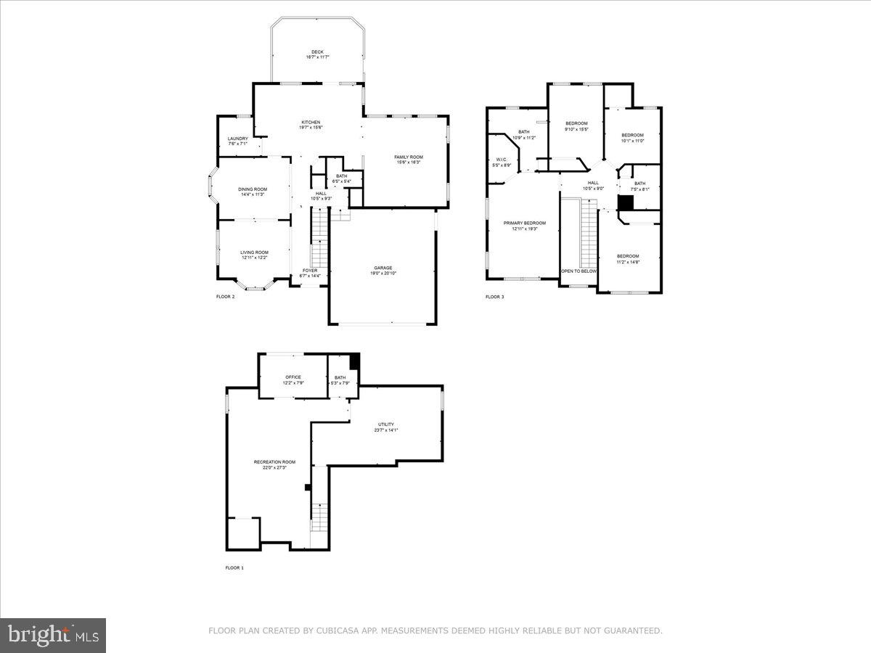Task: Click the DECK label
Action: click(317, 52)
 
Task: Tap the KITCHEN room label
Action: click(311, 123)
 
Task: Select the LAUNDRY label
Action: click(237, 139)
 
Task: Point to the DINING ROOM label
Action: click(253, 189)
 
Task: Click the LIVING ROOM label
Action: click(254, 252)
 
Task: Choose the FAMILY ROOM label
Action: click(409, 157)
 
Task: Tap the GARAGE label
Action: click(383, 268)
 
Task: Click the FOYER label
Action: click(309, 271)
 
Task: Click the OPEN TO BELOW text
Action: click(578, 271)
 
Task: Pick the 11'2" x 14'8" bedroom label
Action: click(628, 256)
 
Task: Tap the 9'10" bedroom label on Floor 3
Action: click(576, 123)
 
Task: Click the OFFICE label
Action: click(293, 377)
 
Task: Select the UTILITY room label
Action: click(386, 424)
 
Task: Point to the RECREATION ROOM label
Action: click(274, 462)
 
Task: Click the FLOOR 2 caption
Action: click(225, 297)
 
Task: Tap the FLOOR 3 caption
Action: click(494, 297)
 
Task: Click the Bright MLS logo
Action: click(53, 636)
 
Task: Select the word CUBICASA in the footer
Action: click(333, 631)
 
